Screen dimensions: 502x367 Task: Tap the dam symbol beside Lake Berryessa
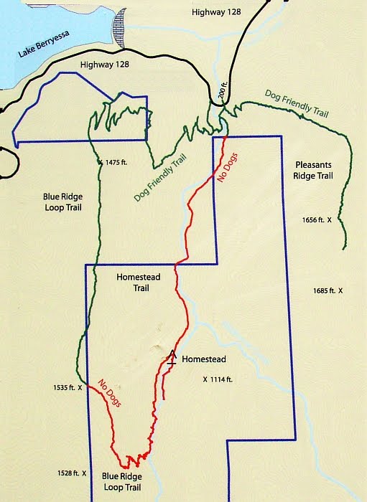[x=119, y=29]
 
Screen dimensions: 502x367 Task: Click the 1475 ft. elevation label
[x=116, y=163]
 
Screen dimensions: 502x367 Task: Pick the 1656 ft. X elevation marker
[x=313, y=222]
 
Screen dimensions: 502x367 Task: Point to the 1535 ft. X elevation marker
[x=69, y=388]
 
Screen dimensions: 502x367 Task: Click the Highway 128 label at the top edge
[x=215, y=12]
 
